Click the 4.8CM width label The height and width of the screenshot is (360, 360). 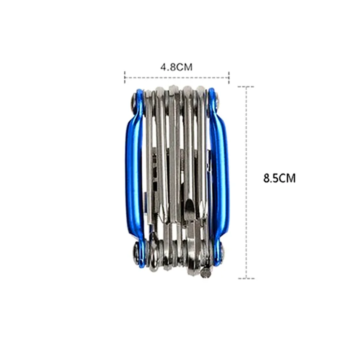coord(176,67)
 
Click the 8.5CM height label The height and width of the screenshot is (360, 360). coord(280,178)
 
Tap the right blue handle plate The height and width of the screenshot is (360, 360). coord(220,177)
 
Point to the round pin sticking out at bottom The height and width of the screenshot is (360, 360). coord(206,274)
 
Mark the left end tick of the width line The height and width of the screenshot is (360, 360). coord(125,78)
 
